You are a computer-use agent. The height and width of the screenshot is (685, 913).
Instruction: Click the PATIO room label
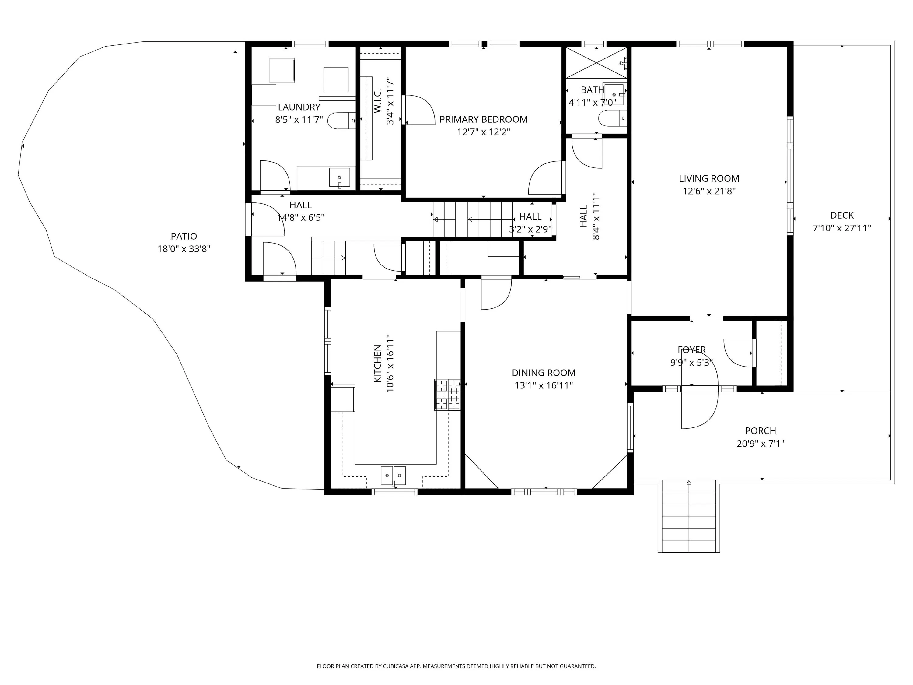184,236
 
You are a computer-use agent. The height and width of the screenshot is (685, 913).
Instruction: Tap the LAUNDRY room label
299,107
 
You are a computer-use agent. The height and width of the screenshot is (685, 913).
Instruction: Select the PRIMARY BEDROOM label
483,119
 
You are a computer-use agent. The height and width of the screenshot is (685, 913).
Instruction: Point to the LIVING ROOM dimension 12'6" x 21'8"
709,191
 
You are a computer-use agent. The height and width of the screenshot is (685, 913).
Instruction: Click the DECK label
842,215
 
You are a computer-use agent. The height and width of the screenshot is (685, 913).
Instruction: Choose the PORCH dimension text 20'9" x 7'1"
761,444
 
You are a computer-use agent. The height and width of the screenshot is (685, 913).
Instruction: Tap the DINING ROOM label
544,373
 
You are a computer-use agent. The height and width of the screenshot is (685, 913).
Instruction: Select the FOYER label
692,350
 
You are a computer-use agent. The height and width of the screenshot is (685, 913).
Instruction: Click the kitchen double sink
393,476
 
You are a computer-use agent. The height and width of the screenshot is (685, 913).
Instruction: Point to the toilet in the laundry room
342,121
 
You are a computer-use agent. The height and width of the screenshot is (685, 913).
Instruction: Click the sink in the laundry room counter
339,177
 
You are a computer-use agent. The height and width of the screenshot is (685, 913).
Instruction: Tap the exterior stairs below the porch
689,516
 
